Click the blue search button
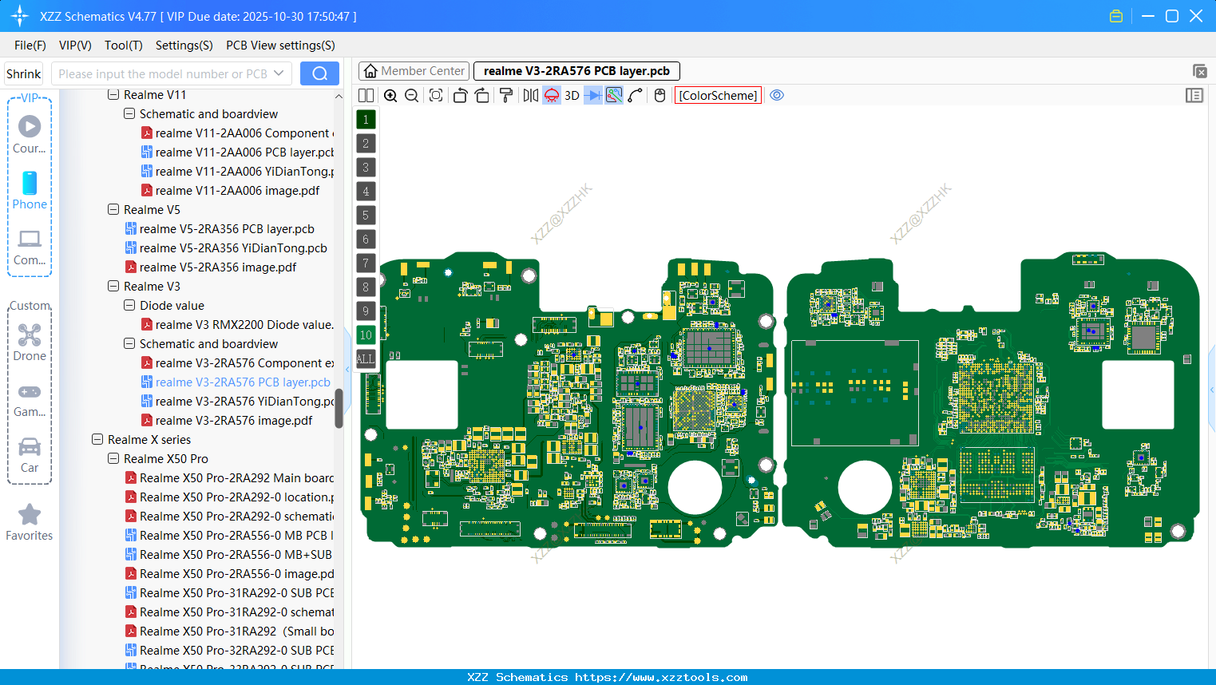click(x=319, y=73)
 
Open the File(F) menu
click(x=30, y=46)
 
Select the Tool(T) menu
click(x=124, y=46)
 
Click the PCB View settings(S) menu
click(x=280, y=46)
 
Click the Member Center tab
click(x=414, y=71)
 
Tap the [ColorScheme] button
click(x=718, y=95)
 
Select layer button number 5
click(x=366, y=215)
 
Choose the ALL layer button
click(x=366, y=358)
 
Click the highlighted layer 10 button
click(x=366, y=335)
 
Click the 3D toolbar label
click(x=572, y=95)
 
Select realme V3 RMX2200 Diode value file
click(x=244, y=325)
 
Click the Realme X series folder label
click(x=149, y=440)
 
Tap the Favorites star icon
click(x=30, y=515)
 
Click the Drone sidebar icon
click(x=30, y=335)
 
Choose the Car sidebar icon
click(x=30, y=447)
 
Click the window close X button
click(x=1196, y=16)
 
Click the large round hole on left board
click(x=695, y=487)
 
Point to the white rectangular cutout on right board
click(x=1138, y=394)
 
